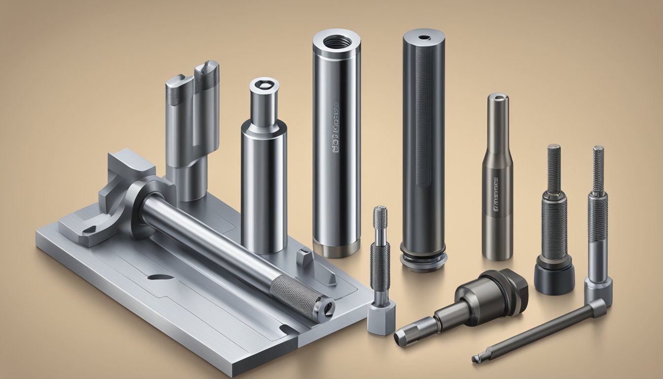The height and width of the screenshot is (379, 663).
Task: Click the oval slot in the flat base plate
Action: pyautogui.click(x=160, y=277)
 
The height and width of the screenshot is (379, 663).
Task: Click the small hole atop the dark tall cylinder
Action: pyautogui.click(x=424, y=38)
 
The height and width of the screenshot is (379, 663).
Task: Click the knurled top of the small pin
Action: pyautogui.click(x=380, y=217)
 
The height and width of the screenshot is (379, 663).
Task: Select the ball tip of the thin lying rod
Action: pyautogui.click(x=476, y=359)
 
